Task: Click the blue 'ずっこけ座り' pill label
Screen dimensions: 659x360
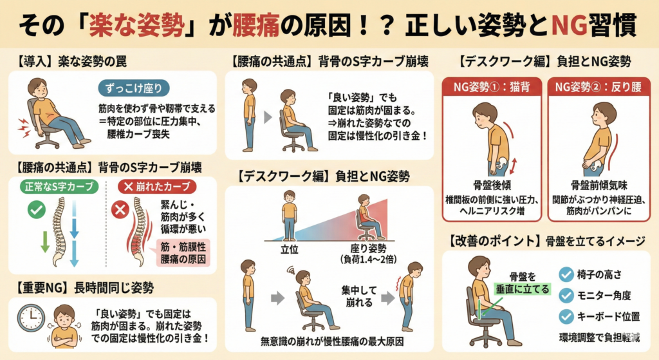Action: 134,88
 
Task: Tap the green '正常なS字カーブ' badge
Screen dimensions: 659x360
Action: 59,186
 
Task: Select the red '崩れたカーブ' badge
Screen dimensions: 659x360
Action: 157,186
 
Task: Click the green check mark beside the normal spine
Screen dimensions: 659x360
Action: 37,209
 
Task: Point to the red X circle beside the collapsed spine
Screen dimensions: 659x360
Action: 120,209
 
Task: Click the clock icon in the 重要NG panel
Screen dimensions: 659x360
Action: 31,318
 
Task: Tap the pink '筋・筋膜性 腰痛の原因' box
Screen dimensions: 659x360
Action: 183,252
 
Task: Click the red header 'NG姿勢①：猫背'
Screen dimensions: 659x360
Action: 491,87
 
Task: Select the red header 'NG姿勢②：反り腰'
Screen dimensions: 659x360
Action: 598,87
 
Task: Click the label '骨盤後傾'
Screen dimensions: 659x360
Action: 492,185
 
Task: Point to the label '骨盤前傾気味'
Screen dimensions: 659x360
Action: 599,185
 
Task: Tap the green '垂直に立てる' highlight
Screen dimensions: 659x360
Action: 523,289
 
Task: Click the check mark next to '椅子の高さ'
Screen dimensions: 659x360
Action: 566,274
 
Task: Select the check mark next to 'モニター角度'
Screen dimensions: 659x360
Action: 566,296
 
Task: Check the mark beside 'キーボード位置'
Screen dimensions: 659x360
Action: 566,317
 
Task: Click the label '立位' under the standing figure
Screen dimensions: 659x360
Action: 289,249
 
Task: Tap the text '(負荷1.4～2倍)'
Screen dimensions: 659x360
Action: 368,260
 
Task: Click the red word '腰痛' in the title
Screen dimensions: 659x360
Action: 255,25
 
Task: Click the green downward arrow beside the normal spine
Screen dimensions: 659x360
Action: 45,241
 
